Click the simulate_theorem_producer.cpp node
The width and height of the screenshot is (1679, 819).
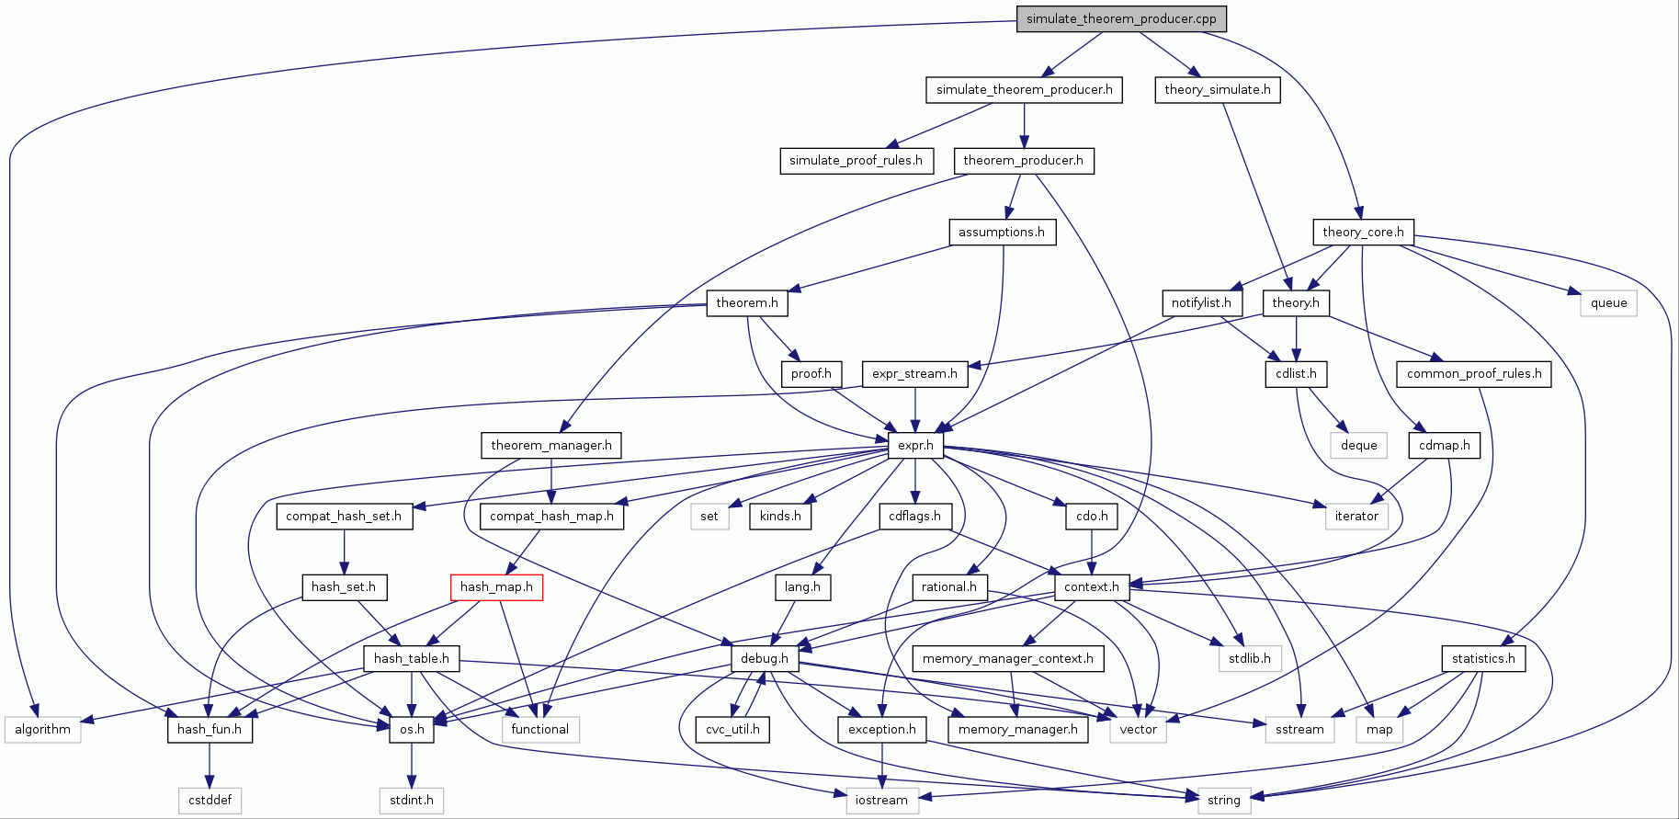[1121, 18]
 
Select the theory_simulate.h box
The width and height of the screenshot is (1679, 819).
[1218, 89]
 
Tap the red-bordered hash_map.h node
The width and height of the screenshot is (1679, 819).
[496, 586]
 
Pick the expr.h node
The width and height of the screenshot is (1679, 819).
[915, 445]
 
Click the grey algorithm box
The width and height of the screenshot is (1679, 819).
[42, 729]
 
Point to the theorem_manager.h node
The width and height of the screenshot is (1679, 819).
[551, 445]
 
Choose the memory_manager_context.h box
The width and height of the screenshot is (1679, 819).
[1008, 658]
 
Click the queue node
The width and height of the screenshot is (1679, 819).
[1608, 302]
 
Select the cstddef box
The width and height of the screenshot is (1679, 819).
[210, 800]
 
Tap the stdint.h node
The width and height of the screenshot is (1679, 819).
[411, 800]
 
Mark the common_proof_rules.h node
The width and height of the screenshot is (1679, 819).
[1474, 373]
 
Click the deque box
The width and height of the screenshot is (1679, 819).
[1358, 445]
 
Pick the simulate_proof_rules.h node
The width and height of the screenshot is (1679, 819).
[856, 160]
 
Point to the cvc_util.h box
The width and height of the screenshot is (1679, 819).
[732, 729]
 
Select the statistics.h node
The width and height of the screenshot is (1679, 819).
[1483, 658]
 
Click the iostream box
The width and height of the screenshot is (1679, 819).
[881, 800]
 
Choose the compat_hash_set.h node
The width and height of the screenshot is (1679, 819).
[344, 516]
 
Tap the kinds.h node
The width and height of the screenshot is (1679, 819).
[780, 516]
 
